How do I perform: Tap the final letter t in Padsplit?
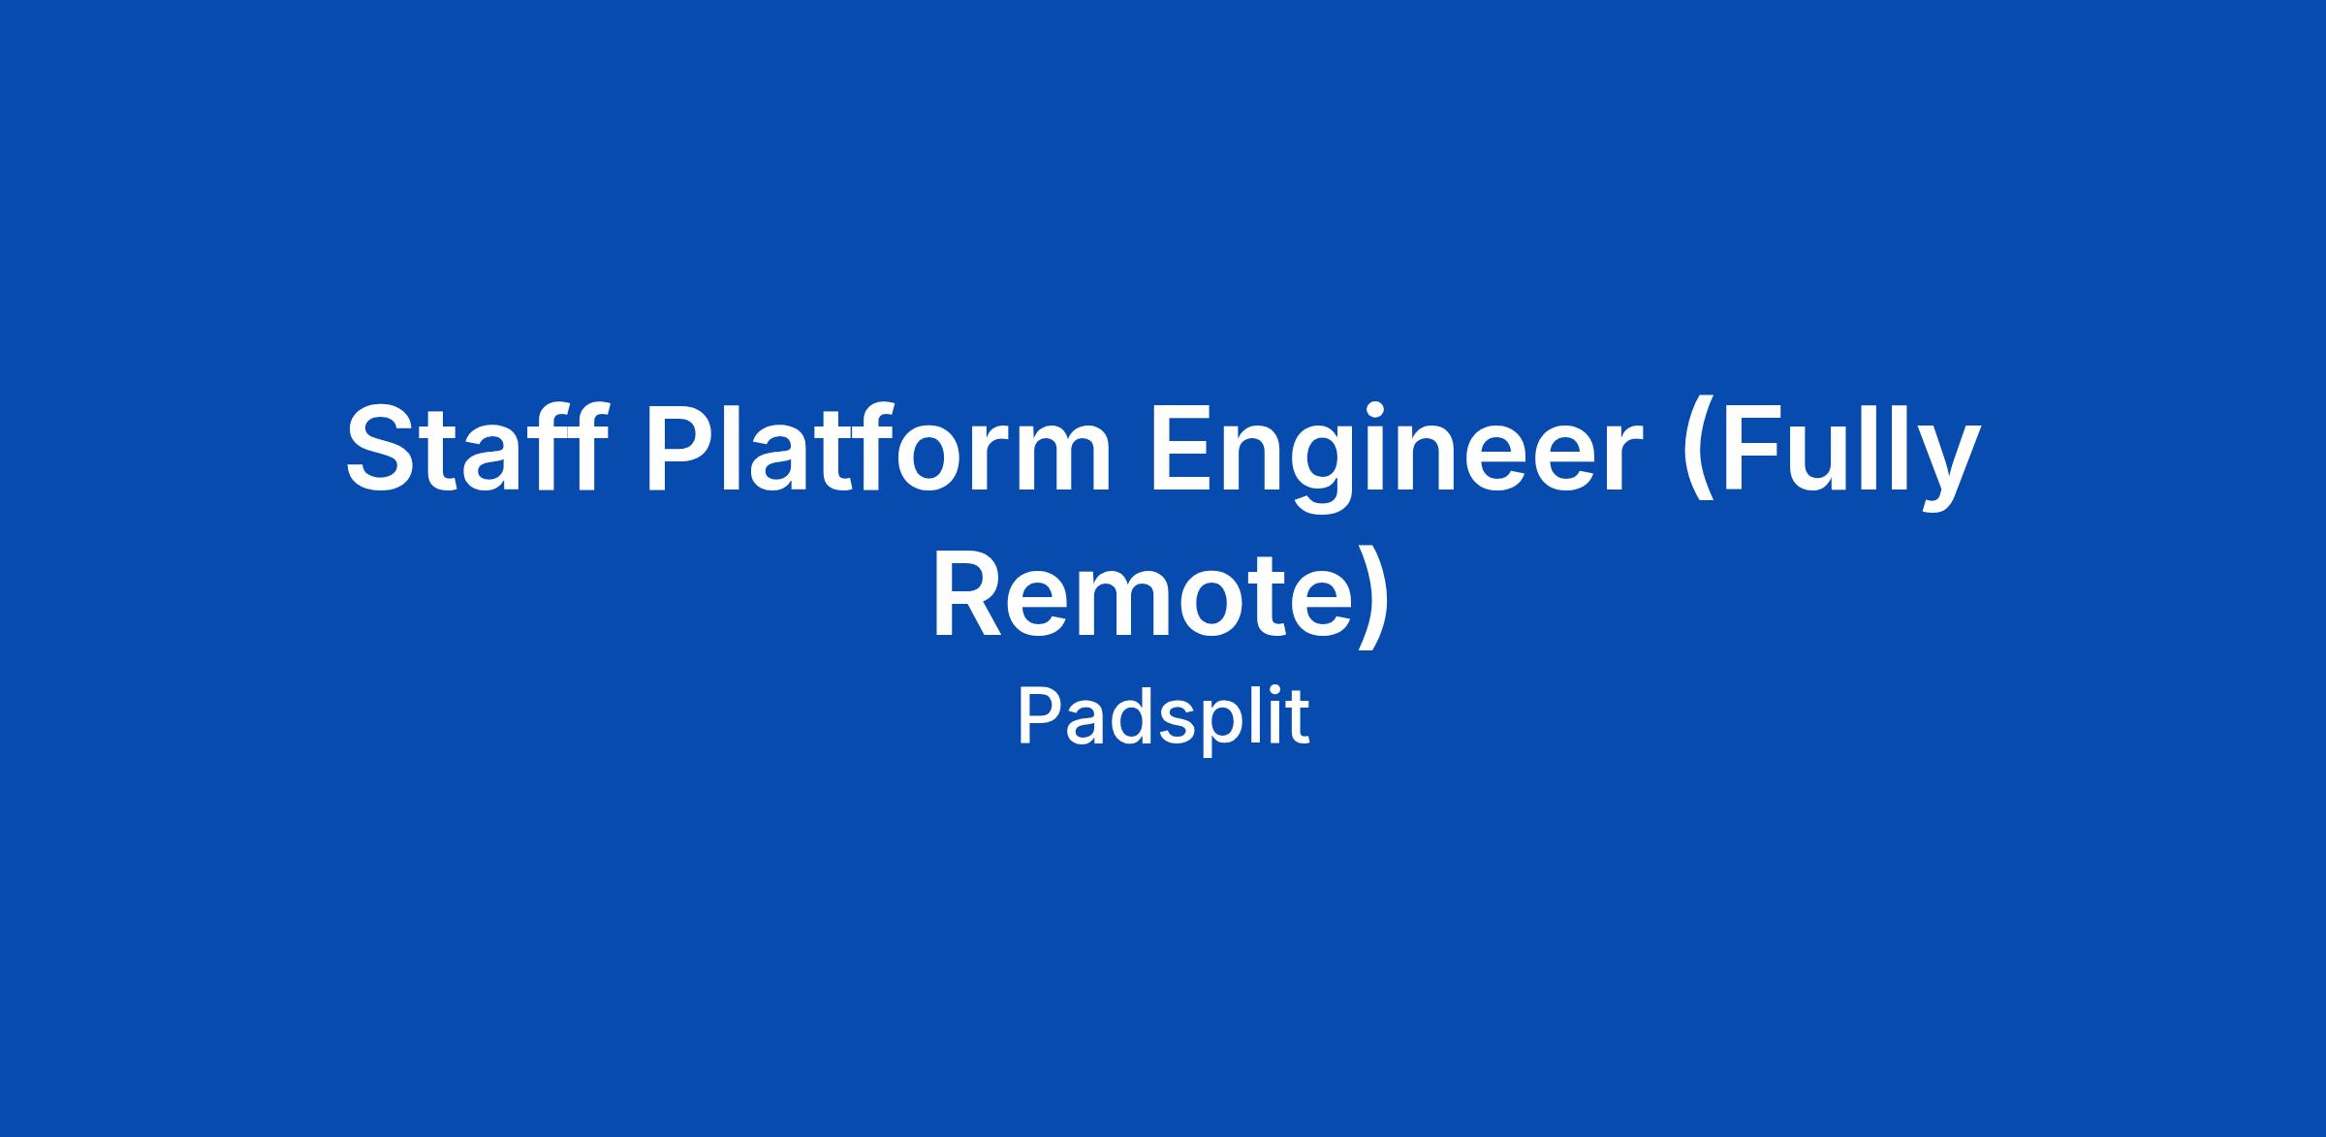pos(1298,719)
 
